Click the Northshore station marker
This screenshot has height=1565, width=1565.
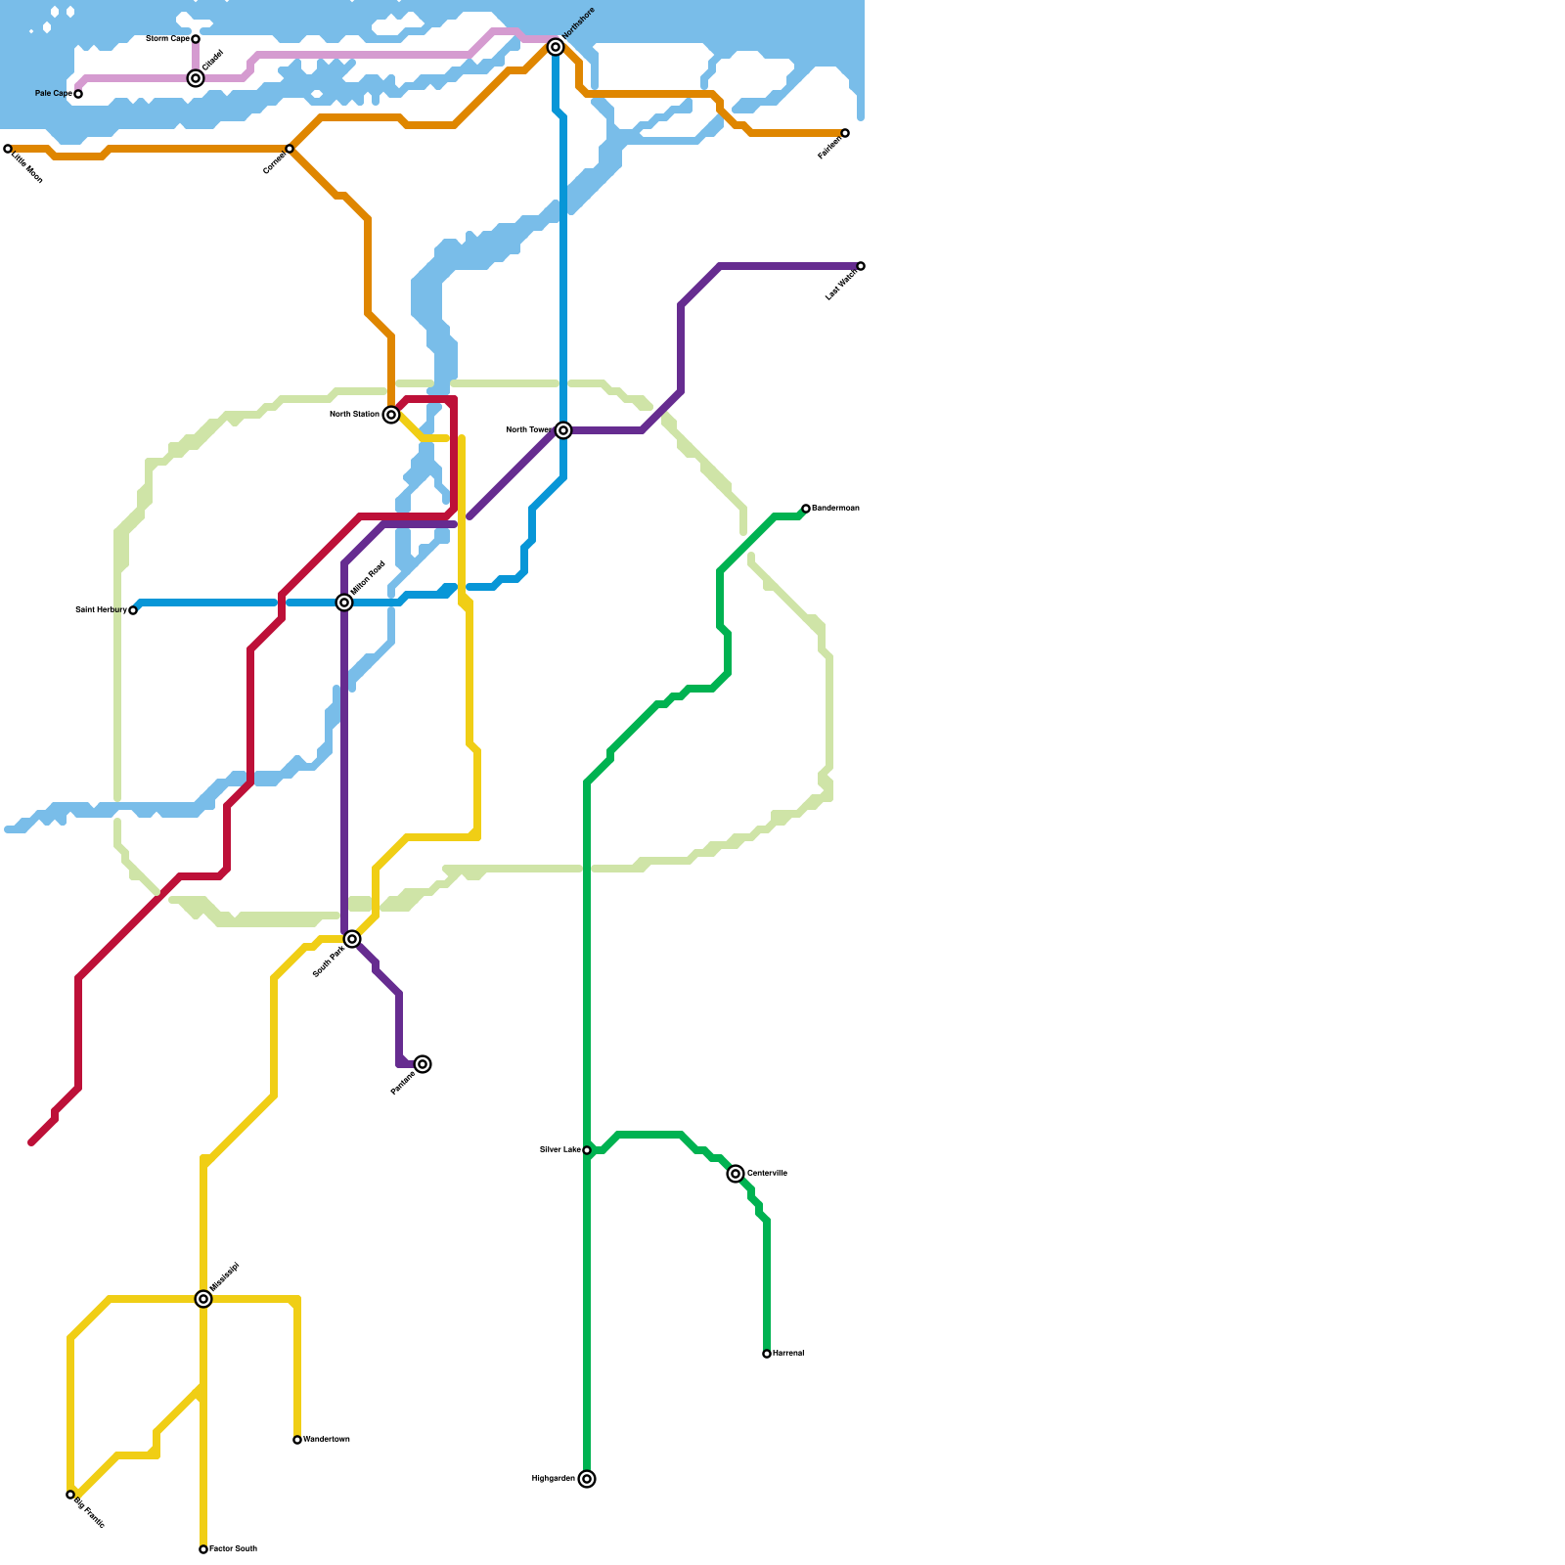click(556, 47)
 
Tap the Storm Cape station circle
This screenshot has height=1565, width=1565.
click(196, 39)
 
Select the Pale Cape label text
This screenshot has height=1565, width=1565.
click(53, 94)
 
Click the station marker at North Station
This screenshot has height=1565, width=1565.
click(391, 415)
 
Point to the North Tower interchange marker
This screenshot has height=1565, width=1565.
click(563, 430)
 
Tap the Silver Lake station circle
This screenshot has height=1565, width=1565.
click(587, 1150)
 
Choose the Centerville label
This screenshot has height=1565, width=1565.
click(767, 1173)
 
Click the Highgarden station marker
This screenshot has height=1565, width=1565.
click(587, 1479)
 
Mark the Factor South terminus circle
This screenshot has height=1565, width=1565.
click(203, 1549)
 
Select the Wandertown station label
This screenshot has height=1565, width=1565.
click(326, 1440)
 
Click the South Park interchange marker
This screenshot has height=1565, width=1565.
click(352, 939)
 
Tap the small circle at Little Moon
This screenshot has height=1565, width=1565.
click(8, 149)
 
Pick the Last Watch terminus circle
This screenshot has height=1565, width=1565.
click(861, 266)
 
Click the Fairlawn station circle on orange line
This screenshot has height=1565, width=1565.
click(845, 133)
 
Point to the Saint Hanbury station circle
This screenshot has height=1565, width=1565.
click(133, 610)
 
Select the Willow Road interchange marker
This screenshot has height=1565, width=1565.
click(344, 603)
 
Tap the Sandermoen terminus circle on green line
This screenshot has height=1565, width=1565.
click(806, 509)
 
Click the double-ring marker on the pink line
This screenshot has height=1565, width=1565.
click(196, 78)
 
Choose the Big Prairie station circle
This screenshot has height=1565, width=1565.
click(70, 1495)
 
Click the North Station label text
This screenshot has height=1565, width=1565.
click(354, 415)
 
